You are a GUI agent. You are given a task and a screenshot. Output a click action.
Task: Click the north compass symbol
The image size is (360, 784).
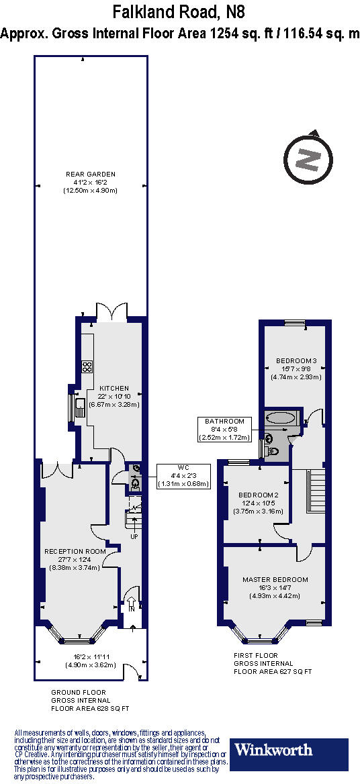click(308, 160)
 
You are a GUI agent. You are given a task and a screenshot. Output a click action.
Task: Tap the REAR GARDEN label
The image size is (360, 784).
click(91, 182)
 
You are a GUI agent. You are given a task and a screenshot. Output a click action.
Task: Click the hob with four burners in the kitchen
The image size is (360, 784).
click(87, 366)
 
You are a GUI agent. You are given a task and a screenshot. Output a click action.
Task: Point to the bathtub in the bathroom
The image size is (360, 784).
click(280, 418)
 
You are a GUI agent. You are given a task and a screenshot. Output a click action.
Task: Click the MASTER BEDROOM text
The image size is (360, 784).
click(275, 579)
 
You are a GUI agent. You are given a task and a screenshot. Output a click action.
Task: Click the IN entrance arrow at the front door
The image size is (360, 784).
click(132, 605)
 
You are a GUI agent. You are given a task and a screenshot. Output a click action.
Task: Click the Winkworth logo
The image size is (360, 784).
click(290, 749)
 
